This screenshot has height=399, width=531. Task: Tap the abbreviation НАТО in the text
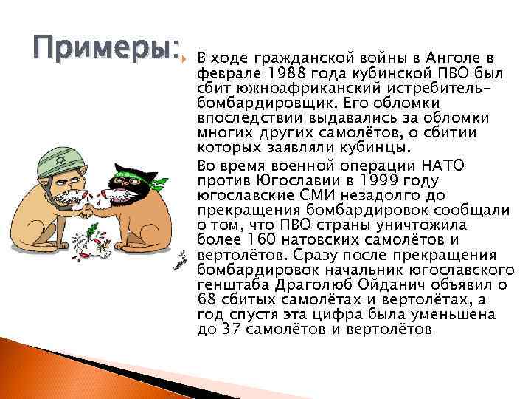445,166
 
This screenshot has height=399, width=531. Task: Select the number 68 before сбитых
208,299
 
